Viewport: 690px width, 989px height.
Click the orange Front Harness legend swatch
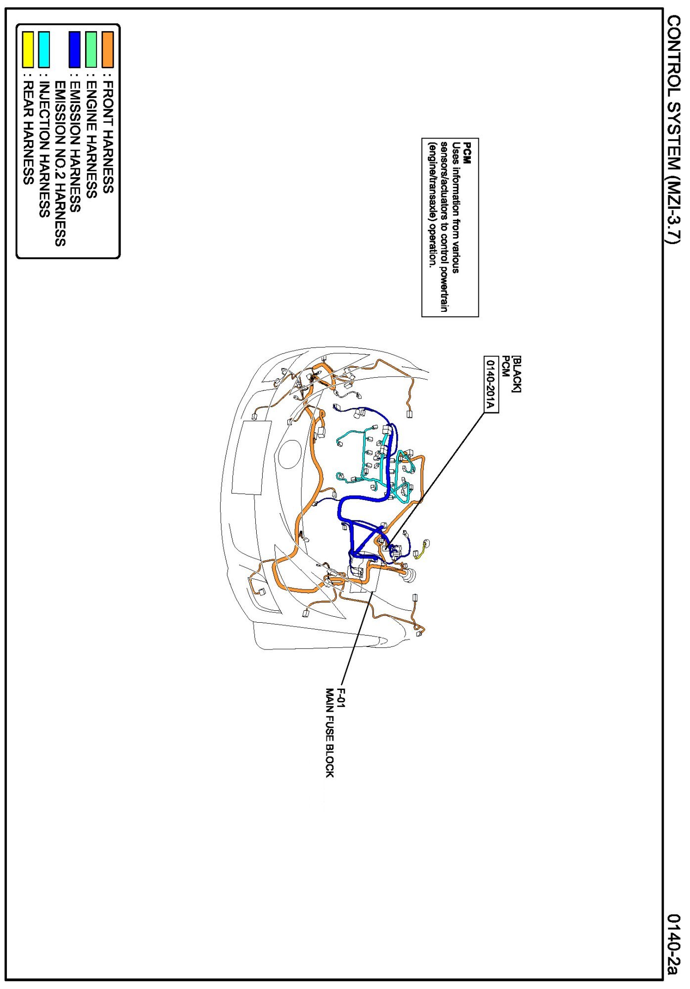click(x=107, y=49)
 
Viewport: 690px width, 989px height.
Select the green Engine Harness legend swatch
click(x=91, y=49)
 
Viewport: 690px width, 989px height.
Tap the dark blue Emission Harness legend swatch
click(x=75, y=49)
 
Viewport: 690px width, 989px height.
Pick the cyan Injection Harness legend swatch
click(x=44, y=49)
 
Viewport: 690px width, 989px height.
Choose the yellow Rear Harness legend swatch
click(x=28, y=49)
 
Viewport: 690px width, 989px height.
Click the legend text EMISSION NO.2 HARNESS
click(x=60, y=164)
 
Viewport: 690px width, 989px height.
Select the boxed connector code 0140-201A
click(x=490, y=384)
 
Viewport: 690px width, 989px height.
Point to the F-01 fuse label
click(x=341, y=698)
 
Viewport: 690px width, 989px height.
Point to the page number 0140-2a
click(x=674, y=943)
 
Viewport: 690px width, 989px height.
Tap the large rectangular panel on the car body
click(x=251, y=457)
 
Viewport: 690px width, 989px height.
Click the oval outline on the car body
click(x=289, y=455)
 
